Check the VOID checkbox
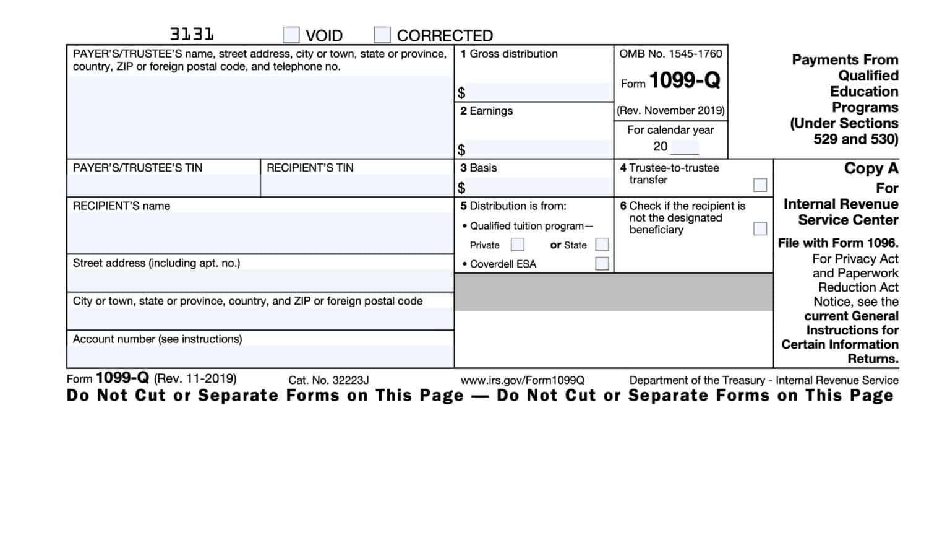[x=291, y=35]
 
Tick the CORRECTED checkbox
[x=382, y=35]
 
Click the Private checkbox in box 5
[x=518, y=245]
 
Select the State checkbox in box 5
[x=602, y=245]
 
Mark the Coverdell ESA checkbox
[x=602, y=264]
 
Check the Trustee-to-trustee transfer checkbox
[x=760, y=185]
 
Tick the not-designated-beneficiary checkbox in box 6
[x=760, y=228]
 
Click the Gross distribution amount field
[x=538, y=92]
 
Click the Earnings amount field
[x=538, y=149]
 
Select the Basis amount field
[x=538, y=187]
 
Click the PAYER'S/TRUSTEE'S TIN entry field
[x=163, y=186]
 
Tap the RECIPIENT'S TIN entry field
[x=357, y=186]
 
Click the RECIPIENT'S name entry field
[x=260, y=232]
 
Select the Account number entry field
[x=260, y=356]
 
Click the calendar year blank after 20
[x=685, y=147]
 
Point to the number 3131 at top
[x=192, y=34]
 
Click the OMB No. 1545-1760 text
[x=670, y=54]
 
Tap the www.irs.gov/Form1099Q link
[x=522, y=380]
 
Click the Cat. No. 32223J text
[x=328, y=380]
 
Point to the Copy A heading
[x=871, y=168]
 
